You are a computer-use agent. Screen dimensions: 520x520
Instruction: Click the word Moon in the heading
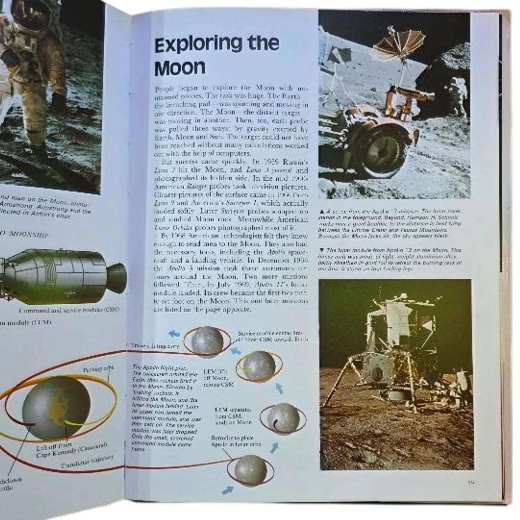click(x=180, y=68)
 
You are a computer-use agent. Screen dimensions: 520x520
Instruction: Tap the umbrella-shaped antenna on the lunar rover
click(x=395, y=48)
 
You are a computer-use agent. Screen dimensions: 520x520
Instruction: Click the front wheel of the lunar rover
click(x=378, y=162)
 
